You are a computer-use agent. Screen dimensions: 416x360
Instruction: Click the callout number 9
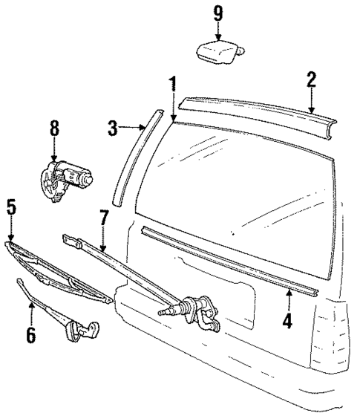(217, 13)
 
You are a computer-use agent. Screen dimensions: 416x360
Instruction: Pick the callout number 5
(11, 207)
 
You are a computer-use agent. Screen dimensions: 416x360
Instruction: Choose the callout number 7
(104, 218)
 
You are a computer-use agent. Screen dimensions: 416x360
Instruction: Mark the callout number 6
(30, 335)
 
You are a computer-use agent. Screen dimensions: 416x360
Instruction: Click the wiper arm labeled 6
(59, 312)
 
